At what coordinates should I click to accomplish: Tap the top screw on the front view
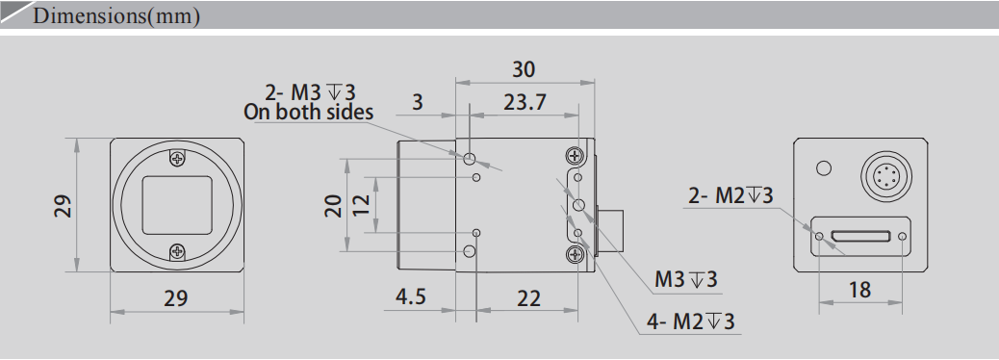[x=176, y=159]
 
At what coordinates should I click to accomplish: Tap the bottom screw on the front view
[x=176, y=252]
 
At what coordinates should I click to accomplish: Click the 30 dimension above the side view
[x=524, y=69]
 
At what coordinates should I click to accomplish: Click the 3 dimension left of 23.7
[x=417, y=102]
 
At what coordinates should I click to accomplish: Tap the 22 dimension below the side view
[x=528, y=298]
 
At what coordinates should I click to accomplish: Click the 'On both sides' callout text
[x=308, y=113]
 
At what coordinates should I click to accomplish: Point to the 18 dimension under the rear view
[x=859, y=289]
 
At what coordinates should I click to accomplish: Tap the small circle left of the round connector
[x=823, y=169]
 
